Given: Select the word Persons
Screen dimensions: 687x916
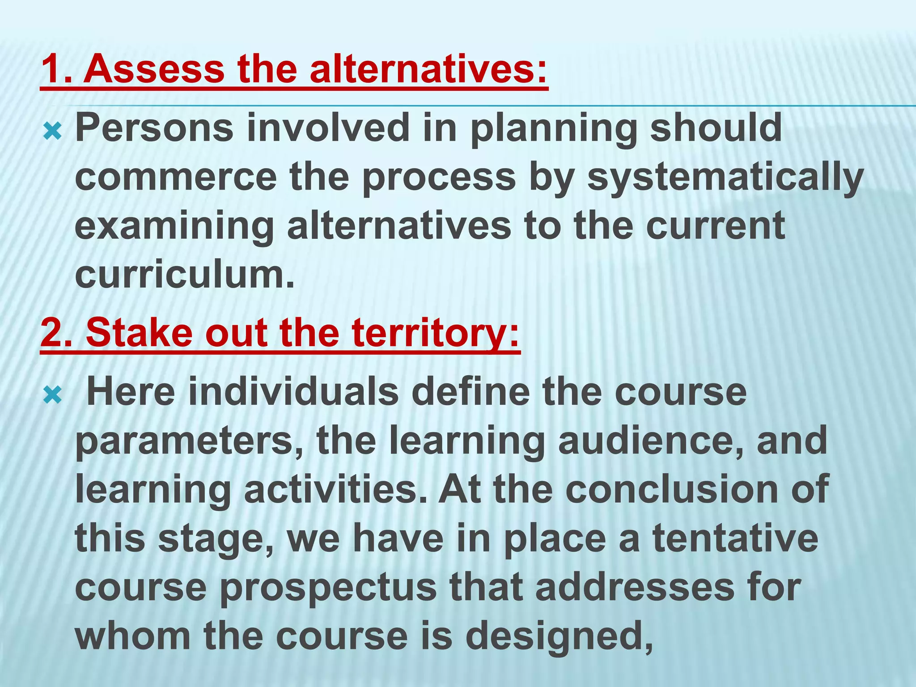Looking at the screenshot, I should [154, 128].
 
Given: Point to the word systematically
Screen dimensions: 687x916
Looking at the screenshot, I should [725, 177].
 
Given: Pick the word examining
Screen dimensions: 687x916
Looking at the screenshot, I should [174, 226].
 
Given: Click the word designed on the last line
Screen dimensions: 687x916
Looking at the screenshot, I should [559, 636].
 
